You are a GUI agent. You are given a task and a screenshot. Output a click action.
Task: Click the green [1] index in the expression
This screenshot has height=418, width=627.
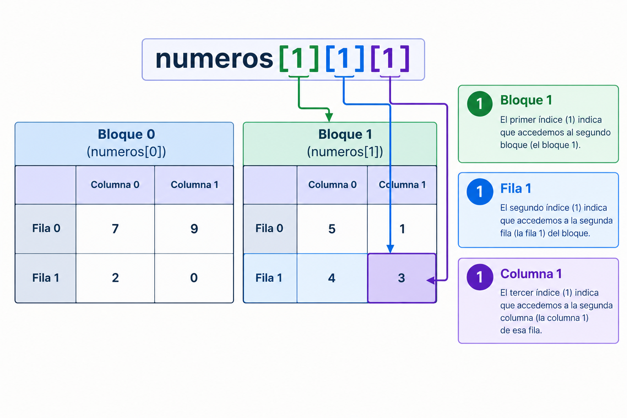pos(299,58)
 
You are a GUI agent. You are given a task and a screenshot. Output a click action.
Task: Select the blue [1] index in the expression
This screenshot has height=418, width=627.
pos(345,58)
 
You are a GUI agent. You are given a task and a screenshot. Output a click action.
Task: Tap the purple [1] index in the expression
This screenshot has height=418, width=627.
pos(390,58)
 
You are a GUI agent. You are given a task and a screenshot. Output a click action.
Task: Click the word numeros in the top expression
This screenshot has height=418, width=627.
pos(214,59)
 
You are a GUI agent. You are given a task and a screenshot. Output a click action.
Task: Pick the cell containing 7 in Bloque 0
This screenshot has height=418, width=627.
pos(115,229)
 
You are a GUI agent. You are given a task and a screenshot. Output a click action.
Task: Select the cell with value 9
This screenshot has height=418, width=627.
pos(194,229)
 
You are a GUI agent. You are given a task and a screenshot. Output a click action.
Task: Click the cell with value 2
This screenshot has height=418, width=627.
pos(115,278)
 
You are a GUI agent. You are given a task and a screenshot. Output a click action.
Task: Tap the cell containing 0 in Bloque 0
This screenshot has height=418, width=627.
pos(194,278)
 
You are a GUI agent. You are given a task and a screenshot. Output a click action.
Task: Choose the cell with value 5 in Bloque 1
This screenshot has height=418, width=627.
pos(332,229)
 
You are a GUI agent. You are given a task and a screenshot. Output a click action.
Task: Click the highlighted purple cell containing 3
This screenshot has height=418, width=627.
pos(402,278)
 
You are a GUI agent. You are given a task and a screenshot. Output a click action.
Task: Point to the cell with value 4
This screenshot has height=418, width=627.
pos(332,278)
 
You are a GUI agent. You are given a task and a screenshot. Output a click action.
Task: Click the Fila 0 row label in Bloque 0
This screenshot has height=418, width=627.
pos(46,229)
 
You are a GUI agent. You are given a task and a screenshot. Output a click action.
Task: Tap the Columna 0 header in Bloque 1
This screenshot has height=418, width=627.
pos(332,185)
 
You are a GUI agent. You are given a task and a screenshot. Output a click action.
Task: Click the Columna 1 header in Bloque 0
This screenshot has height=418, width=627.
pos(194,185)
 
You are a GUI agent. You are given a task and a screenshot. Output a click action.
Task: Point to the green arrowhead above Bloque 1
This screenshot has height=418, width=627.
pos(329,117)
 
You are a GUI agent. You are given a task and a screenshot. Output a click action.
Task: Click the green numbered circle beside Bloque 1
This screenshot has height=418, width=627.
pos(480,104)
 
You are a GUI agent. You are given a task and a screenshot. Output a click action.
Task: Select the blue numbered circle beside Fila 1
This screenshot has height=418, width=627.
pos(480,191)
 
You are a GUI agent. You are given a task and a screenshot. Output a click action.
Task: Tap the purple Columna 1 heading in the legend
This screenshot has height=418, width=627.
pos(531,274)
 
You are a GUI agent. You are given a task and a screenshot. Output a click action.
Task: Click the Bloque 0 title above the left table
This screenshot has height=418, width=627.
pos(126,134)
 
